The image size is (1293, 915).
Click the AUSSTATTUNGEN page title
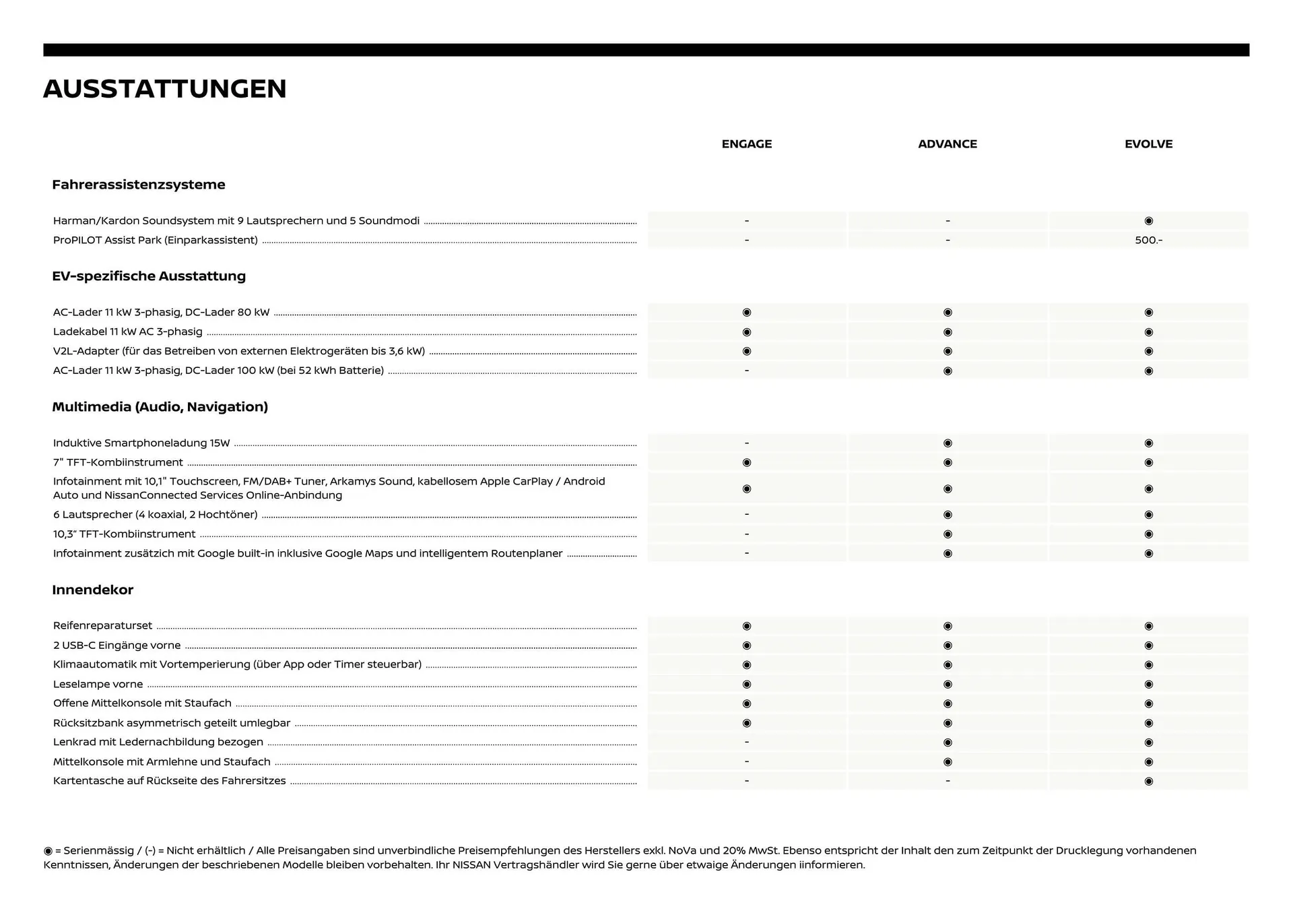pos(165,89)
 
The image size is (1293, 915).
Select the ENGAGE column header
pos(746,144)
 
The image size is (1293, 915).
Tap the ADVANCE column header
pos(947,144)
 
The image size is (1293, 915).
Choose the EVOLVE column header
pos(1148,144)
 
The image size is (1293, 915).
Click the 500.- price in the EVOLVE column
pos(1148,241)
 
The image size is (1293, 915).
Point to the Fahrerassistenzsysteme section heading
pos(139,185)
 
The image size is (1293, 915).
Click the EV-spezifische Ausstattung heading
pos(149,276)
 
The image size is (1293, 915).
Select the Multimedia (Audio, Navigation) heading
pos(160,407)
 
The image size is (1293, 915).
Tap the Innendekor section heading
pos(93,590)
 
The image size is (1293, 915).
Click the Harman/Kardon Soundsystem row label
pos(236,221)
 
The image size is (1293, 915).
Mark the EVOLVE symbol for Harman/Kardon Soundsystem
pos(1148,221)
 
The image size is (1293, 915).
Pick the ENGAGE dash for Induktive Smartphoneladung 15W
pos(746,443)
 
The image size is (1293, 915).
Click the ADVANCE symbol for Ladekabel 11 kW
pos(947,332)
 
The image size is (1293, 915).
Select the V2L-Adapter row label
pos(239,351)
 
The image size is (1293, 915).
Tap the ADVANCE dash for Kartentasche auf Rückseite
pos(947,781)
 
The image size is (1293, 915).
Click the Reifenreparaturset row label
pos(102,626)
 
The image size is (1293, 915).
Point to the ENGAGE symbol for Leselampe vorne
pos(746,685)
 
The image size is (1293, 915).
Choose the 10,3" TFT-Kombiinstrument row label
pos(125,534)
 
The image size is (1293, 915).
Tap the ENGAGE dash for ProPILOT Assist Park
pos(746,241)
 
